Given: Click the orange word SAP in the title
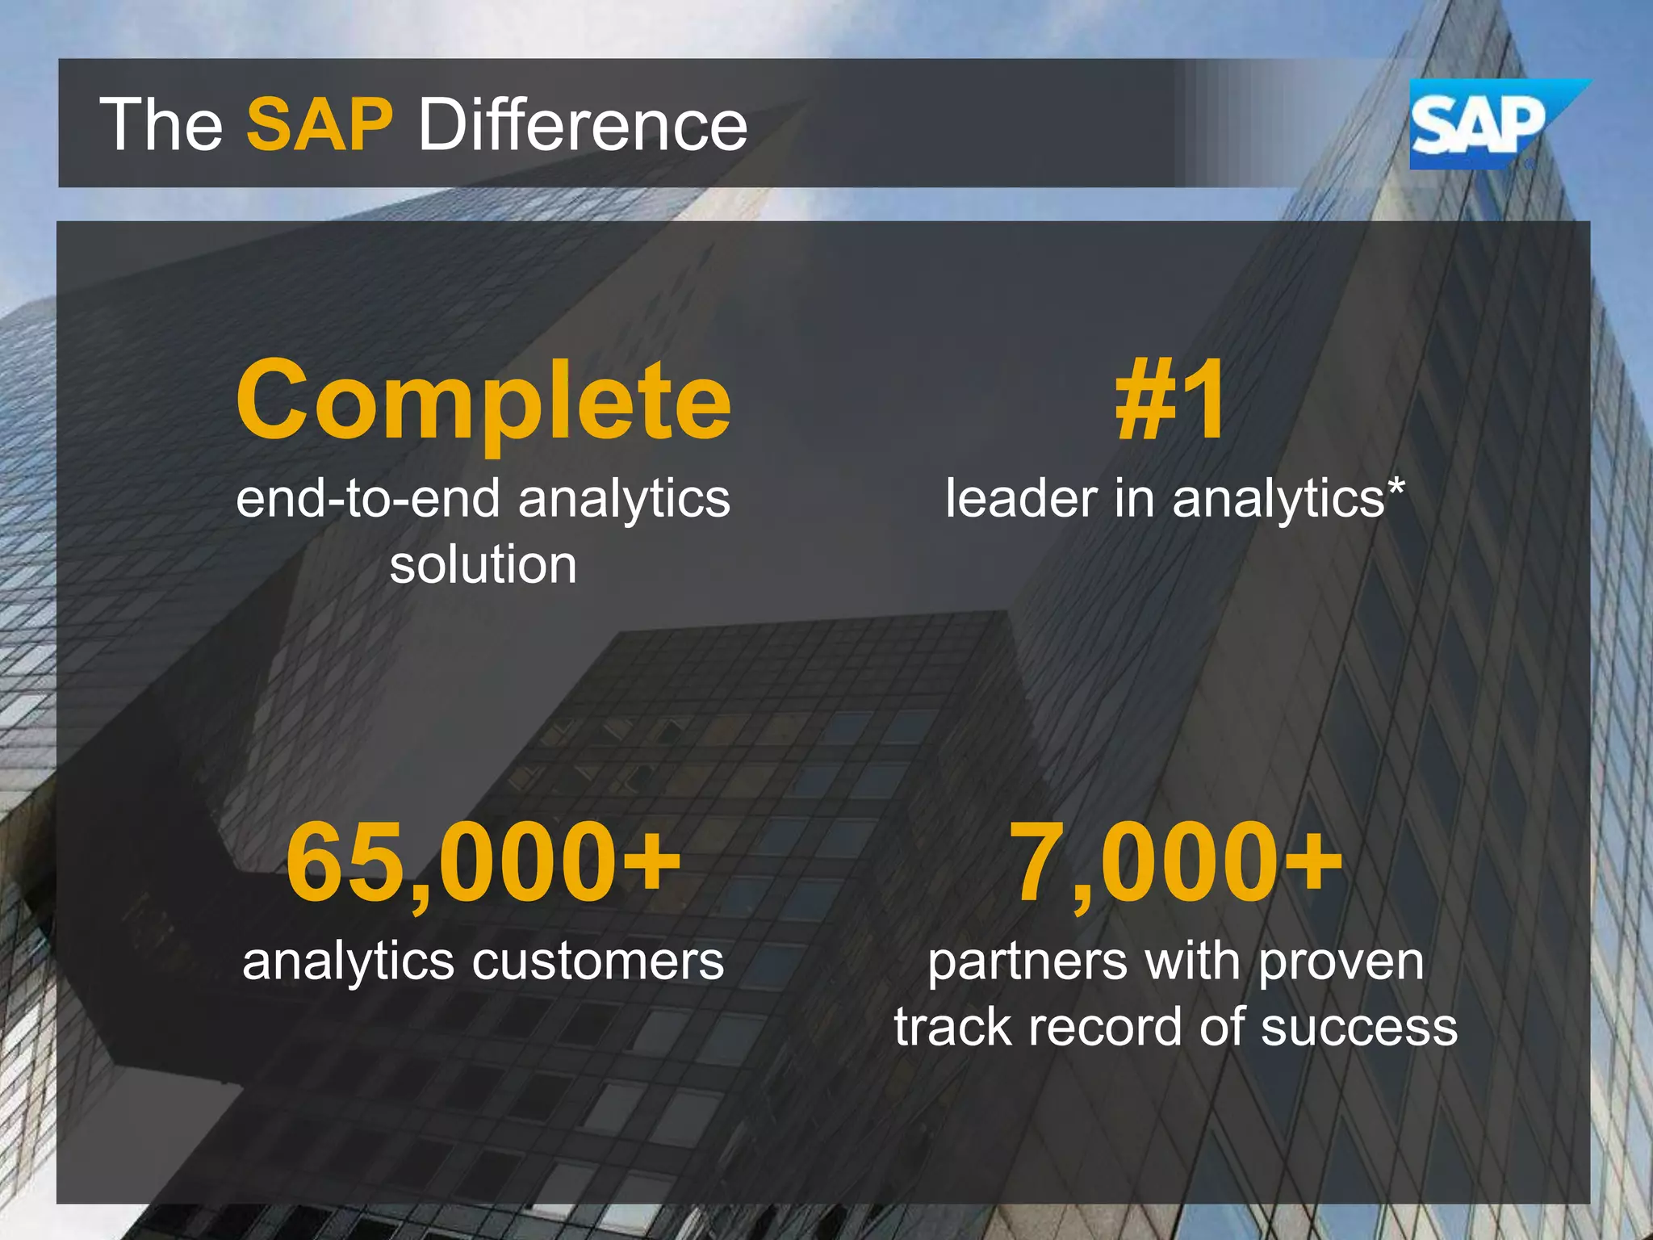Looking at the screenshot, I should tap(320, 124).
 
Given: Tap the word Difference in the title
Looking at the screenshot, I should tap(583, 124).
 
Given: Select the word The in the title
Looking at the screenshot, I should tap(161, 124).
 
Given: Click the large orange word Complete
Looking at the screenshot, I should tap(483, 400).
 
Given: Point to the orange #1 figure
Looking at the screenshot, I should tap(1170, 400).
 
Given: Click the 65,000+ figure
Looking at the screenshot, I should tap(483, 862).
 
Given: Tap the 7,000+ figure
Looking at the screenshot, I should tap(1175, 862).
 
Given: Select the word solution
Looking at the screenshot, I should tap(483, 564).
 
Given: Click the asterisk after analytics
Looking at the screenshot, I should tap(1396, 488).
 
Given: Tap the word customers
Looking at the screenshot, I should tap(598, 961).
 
